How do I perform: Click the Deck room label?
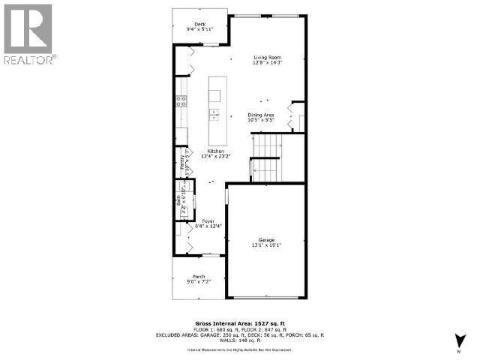(199, 24)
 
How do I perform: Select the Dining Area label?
(261, 115)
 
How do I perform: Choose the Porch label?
(199, 277)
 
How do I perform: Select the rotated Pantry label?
(181, 161)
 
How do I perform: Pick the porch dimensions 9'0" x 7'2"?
(199, 282)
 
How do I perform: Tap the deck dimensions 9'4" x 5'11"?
(199, 29)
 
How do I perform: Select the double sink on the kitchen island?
(214, 114)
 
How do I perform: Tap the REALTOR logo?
(28, 34)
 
